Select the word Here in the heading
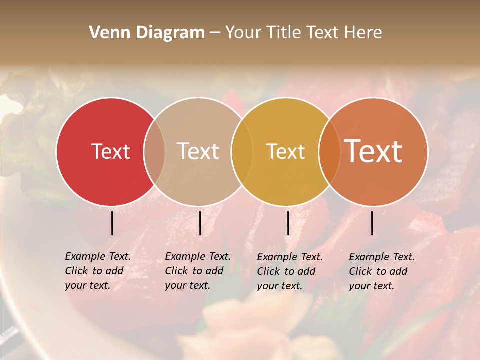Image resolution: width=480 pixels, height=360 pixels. tap(364, 33)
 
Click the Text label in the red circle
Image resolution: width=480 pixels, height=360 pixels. tap(110, 151)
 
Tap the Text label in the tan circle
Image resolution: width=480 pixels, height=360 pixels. tap(198, 151)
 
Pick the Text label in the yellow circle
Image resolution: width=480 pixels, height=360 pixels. tap(285, 151)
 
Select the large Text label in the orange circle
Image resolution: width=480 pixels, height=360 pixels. tap(373, 151)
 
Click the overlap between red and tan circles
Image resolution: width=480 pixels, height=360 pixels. tap(154, 151)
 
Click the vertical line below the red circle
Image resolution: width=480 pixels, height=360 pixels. tap(112, 223)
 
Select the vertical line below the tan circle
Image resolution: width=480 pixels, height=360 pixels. tap(200, 223)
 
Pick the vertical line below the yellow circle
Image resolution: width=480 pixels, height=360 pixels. tap(288, 223)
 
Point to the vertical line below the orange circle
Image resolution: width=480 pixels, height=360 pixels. tap(372, 223)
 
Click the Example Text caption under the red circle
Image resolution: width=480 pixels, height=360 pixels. tap(98, 271)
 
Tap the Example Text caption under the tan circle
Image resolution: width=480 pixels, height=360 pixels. tap(198, 271)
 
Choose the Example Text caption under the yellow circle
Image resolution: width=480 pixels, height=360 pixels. tap(290, 271)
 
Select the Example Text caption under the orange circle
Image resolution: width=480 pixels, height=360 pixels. tap(382, 271)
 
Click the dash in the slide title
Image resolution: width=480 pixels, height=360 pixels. tap(215, 33)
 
